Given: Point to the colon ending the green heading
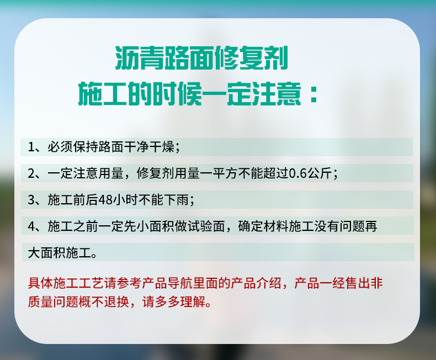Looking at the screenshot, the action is [x=314, y=94].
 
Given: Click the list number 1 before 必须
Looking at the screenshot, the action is [x=30, y=147].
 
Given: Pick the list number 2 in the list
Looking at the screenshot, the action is [x=31, y=173].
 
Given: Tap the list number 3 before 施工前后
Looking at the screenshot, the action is [x=31, y=200].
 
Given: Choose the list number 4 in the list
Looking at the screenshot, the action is [x=31, y=226].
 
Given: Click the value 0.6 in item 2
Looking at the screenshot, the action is [x=298, y=173].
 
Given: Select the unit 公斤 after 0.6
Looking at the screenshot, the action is [x=319, y=173].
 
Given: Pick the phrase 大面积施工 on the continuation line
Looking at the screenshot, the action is [x=60, y=253].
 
